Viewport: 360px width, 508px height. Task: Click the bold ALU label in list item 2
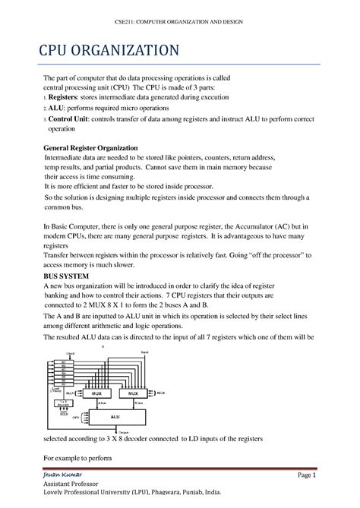click(x=58, y=109)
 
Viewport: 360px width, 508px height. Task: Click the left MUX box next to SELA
click(x=96, y=394)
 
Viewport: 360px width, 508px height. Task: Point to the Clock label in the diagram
click(x=71, y=353)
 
